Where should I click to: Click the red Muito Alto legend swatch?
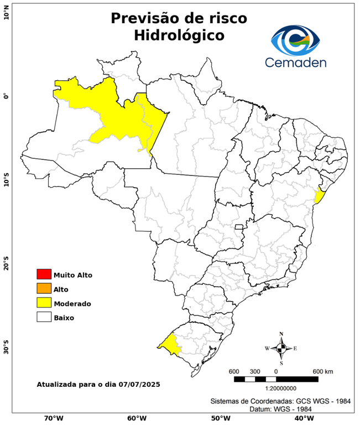point(44,274)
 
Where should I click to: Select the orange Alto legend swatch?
point(44,288)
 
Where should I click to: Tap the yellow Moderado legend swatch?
point(44,303)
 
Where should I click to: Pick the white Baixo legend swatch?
point(44,317)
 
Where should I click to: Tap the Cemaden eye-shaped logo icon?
point(295,38)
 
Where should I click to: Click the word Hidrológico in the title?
point(179,35)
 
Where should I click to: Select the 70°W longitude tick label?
point(53,418)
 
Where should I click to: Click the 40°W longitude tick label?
point(302,418)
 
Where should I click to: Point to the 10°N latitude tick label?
point(6,12)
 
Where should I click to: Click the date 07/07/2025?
point(139,383)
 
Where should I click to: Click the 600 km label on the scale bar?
point(322,371)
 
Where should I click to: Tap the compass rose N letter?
point(281,334)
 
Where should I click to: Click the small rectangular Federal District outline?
point(239,227)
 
